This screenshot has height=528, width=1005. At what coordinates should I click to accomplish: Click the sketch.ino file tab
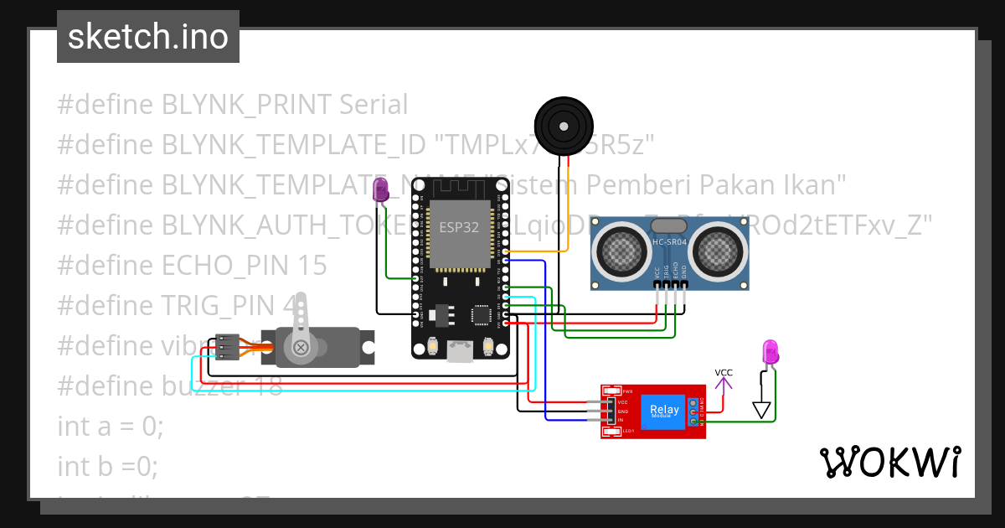(147, 37)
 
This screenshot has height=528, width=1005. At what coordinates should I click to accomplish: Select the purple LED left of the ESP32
(380, 189)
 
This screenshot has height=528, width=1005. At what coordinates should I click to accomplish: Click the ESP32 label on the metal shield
(459, 226)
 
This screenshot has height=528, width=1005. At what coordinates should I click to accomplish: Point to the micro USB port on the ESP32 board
(459, 349)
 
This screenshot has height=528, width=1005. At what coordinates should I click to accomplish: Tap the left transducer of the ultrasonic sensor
(621, 249)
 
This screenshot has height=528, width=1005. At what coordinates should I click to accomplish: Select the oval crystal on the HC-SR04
(669, 225)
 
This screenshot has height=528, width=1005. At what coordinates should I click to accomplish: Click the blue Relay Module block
(665, 411)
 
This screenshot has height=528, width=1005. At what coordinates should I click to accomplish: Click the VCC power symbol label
(724, 373)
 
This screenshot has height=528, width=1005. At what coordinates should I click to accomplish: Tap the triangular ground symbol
(760, 410)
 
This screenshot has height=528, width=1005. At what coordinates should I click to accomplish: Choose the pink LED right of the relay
(770, 352)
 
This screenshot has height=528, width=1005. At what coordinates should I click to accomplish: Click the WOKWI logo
(889, 463)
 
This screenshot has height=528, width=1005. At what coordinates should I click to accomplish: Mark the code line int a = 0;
(111, 426)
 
